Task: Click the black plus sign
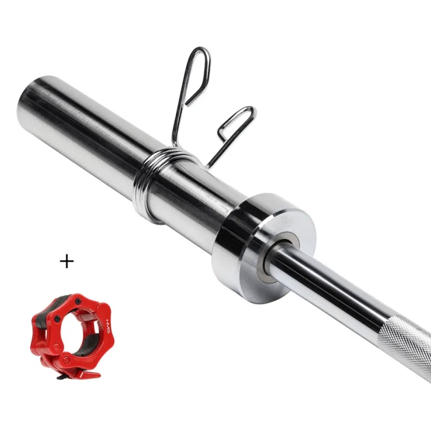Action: tap(67, 261)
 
